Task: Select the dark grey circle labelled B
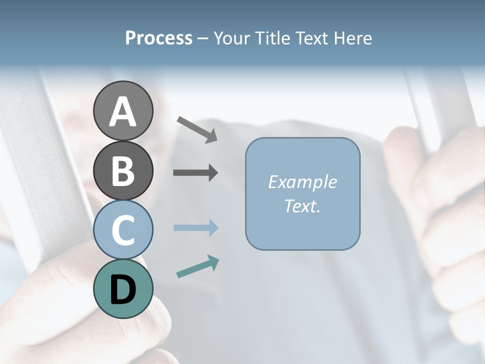(x=123, y=171)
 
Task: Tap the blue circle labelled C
(x=123, y=230)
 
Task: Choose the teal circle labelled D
(x=123, y=289)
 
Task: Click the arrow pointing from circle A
(x=197, y=129)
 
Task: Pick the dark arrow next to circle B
(x=196, y=173)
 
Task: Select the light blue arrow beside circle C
(x=196, y=227)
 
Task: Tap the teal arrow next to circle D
(x=198, y=266)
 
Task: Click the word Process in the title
(x=159, y=38)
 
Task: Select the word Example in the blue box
(x=302, y=182)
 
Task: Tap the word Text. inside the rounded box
(x=302, y=206)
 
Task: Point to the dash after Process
(x=203, y=39)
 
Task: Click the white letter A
(x=123, y=112)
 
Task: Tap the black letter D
(x=123, y=290)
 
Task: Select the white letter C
(x=123, y=231)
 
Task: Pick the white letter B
(x=123, y=171)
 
